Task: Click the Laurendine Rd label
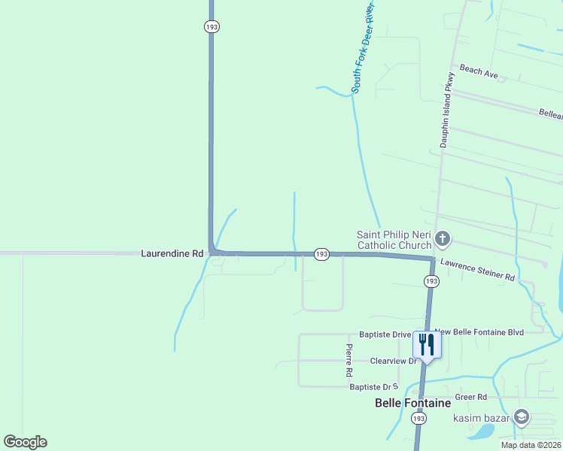pos(172,254)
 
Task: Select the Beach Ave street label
pos(479,71)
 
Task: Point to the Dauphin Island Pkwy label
pos(449,110)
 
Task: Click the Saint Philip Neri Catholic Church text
pos(394,240)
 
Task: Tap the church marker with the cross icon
pos(443,240)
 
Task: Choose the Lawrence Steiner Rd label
pos(477,271)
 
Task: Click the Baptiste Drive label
pos(385,334)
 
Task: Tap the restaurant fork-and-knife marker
pos(426,345)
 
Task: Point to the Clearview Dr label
pos(394,361)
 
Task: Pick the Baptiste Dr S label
pos(373,386)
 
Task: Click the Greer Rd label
pos(471,397)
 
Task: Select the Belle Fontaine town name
pos(412,404)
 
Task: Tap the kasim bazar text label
pos(481,418)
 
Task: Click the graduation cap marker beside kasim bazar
pos(521,418)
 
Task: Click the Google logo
pos(25,442)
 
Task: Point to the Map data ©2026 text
pos(531,445)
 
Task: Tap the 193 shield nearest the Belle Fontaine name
pos(419,418)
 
